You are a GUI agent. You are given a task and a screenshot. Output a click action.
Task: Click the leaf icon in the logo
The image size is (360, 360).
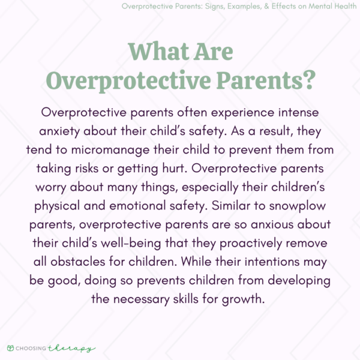tap(10, 347)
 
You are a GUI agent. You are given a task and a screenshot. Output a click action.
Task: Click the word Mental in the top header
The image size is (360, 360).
tap(315, 7)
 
